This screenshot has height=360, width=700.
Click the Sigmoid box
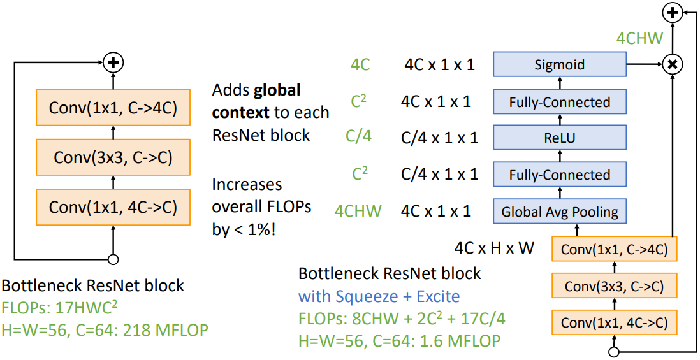pyautogui.click(x=559, y=64)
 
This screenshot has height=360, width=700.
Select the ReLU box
pyautogui.click(x=559, y=138)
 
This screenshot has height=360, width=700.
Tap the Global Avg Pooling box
pyautogui.click(x=559, y=212)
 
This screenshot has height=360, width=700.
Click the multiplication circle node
pyautogui.click(x=672, y=64)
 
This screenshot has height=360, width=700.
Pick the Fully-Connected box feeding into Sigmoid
pyautogui.click(x=559, y=102)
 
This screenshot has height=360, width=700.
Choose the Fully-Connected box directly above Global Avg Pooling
pyautogui.click(x=559, y=175)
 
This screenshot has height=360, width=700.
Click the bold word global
pyautogui.click(x=277, y=91)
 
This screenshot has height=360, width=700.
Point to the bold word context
pyautogui.click(x=240, y=112)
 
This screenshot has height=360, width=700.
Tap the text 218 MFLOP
pyautogui.click(x=166, y=329)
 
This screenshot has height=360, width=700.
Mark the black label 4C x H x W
pyautogui.click(x=494, y=248)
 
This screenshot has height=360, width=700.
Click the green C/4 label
pyautogui.click(x=358, y=137)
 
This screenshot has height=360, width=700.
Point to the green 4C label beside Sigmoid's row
pyautogui.click(x=360, y=65)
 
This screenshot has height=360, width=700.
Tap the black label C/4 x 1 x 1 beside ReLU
pyautogui.click(x=439, y=138)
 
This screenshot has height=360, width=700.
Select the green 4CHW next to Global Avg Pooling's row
pyautogui.click(x=358, y=211)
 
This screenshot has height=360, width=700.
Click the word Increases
pyautogui.click(x=247, y=185)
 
